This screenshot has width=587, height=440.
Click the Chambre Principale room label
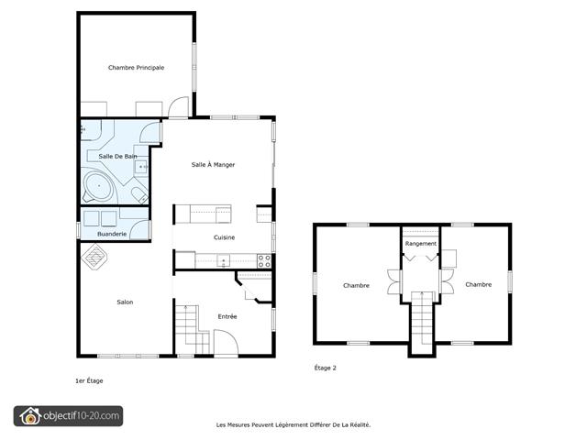click(x=137, y=68)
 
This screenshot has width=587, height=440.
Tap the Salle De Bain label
click(x=118, y=156)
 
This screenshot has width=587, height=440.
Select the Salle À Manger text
click(x=213, y=165)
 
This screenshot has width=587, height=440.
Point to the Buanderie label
click(x=112, y=234)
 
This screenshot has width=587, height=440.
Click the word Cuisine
click(x=224, y=237)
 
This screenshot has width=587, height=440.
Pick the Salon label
click(x=125, y=302)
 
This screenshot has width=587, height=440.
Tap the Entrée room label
click(x=227, y=316)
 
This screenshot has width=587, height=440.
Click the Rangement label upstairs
click(x=421, y=244)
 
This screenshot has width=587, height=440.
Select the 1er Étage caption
click(x=89, y=381)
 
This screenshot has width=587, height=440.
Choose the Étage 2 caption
click(x=326, y=368)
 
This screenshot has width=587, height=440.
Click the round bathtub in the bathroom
click(x=98, y=186)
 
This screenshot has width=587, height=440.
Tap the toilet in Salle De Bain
click(x=139, y=195)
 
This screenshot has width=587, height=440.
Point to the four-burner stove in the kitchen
click(x=264, y=261)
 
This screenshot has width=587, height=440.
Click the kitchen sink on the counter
click(x=224, y=260)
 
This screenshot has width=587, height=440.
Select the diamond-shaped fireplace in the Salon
click(x=94, y=256)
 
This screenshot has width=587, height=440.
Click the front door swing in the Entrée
click(x=226, y=342)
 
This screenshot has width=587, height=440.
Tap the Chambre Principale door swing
click(x=178, y=106)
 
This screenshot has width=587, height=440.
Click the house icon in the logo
click(x=30, y=416)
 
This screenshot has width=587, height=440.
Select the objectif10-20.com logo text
click(x=82, y=415)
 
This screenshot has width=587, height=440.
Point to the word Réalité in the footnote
click(x=360, y=424)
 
